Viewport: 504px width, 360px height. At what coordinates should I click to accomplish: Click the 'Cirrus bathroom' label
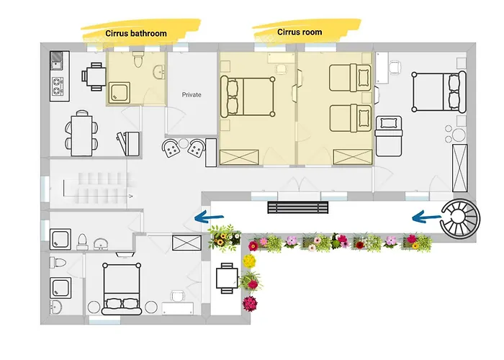(136, 33)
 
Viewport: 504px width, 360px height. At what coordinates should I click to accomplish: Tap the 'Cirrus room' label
(300, 32)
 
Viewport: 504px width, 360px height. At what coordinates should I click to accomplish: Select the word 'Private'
(192, 95)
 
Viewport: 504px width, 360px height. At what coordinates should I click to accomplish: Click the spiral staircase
(460, 219)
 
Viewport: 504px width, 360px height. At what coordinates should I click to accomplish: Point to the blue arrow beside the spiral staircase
(427, 218)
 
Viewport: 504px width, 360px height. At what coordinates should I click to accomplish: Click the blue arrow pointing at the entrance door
(209, 217)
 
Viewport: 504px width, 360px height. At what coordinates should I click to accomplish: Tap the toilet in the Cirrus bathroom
(138, 59)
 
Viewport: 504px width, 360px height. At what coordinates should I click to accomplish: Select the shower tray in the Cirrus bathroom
(120, 93)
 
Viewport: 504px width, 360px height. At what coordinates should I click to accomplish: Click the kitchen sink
(57, 60)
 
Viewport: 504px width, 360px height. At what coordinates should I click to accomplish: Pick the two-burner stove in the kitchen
(57, 86)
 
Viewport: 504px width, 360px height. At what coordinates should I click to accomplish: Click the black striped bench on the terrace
(298, 207)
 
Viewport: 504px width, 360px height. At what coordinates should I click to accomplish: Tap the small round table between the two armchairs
(184, 143)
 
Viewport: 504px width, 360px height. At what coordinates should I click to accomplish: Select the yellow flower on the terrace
(249, 261)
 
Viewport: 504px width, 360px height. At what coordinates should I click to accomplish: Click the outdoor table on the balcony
(227, 278)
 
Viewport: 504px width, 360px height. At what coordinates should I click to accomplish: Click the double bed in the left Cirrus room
(248, 96)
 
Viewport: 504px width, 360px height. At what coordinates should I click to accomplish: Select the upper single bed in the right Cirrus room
(350, 78)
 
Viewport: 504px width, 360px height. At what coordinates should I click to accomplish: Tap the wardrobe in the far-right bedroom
(459, 168)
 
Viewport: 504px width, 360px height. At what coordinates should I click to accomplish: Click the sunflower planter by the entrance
(225, 238)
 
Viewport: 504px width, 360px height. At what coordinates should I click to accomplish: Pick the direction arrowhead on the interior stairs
(131, 196)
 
